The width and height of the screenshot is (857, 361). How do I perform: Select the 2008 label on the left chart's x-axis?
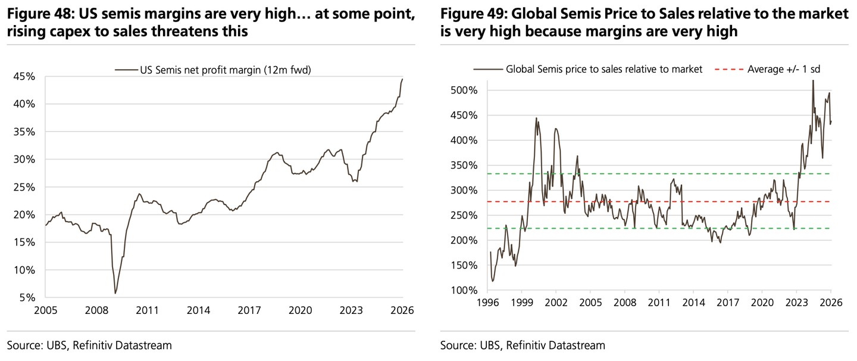coord(96,310)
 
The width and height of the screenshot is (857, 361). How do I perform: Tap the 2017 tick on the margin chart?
coord(249,310)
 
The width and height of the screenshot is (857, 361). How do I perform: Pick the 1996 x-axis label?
coord(487,303)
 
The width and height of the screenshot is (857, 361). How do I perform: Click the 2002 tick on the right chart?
coord(555,303)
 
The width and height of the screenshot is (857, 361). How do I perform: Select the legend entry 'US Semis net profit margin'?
coord(226,70)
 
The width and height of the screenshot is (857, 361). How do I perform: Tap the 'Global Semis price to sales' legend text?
coord(604,69)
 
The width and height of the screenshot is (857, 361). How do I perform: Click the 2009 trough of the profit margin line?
coord(115,293)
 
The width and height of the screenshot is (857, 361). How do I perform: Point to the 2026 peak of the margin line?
coord(402,79)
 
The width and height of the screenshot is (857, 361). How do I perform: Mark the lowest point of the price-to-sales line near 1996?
coord(493,281)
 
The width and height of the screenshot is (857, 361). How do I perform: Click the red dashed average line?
coord(655,201)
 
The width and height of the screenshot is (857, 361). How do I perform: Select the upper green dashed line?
coord(655,174)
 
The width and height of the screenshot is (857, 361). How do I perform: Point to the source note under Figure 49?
coord(523,345)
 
